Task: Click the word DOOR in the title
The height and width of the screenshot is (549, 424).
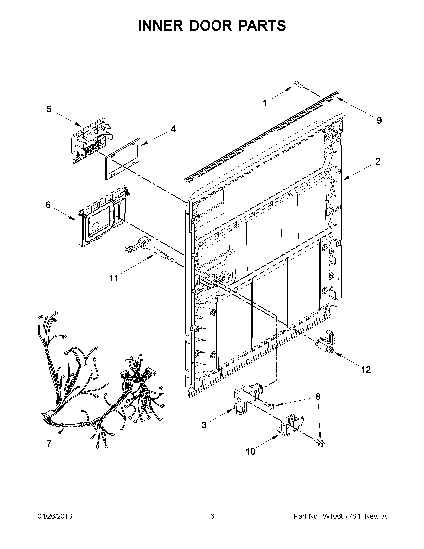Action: [212, 26]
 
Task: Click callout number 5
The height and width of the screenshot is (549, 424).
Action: [49, 109]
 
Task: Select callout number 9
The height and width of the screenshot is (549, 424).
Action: [379, 121]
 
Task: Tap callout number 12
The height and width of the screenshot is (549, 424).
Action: [366, 370]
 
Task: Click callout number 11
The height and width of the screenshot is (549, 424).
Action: [114, 278]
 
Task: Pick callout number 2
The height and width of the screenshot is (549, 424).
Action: [378, 162]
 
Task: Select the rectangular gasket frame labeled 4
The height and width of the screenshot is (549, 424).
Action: [122, 159]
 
